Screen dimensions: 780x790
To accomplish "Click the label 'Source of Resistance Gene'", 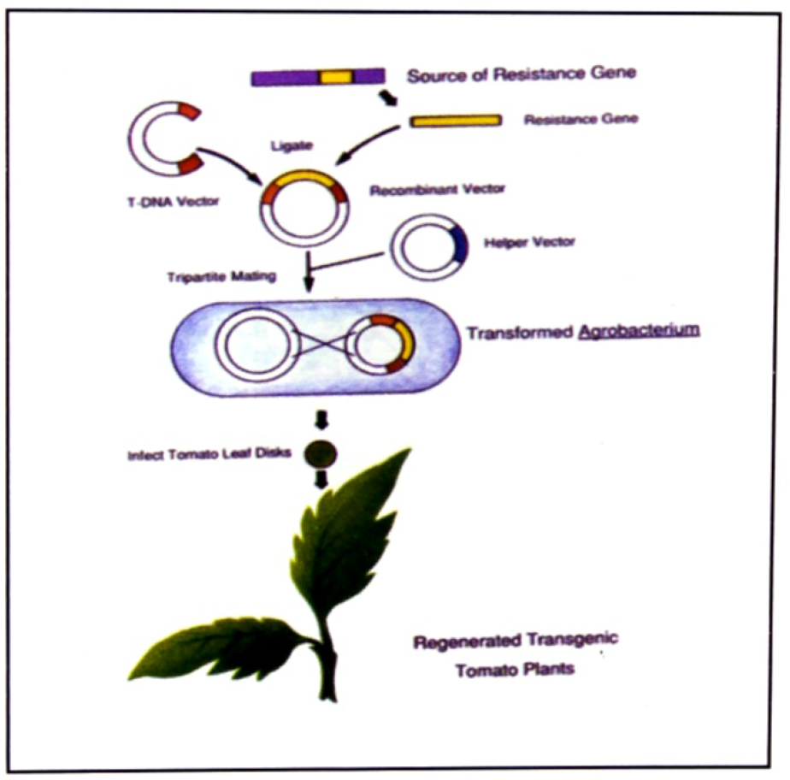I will [521, 75].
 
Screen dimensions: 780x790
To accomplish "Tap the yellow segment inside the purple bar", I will [336, 78].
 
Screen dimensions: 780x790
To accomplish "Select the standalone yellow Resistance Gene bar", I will [456, 121].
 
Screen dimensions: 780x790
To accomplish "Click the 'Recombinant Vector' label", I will [437, 190].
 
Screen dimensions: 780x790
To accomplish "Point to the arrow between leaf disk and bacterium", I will [321, 420].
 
